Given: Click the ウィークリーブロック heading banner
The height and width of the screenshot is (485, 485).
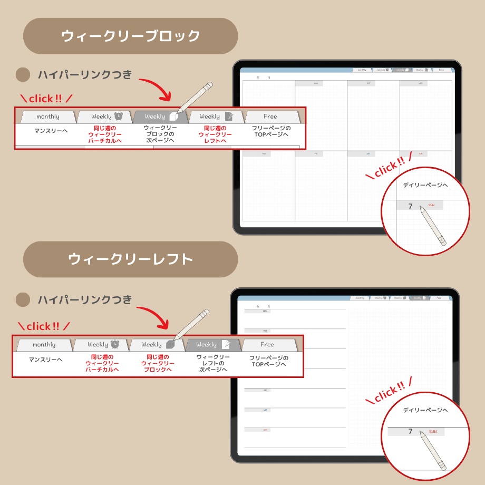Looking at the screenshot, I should click(130, 36).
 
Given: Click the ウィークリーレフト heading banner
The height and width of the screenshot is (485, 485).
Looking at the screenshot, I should click(130, 259).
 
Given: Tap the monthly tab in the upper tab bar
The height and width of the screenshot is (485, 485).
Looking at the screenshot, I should click(47, 117).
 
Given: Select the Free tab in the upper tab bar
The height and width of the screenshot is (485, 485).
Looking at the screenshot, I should click(270, 117).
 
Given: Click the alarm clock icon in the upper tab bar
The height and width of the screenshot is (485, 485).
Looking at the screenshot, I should click(119, 117).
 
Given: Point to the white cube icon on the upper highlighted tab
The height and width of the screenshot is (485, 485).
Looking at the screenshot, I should click(173, 117).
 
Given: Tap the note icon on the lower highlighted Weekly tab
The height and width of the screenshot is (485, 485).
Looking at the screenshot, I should click(226, 345).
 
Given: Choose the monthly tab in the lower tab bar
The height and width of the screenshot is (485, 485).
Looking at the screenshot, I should click(44, 345).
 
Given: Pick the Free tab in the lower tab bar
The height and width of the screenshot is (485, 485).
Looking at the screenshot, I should click(267, 345).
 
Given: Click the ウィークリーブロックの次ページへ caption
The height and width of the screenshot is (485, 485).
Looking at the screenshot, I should click(160, 134).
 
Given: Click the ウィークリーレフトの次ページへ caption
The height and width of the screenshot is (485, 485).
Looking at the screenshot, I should click(213, 363).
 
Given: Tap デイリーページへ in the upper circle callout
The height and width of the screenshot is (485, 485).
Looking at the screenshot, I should click(425, 185).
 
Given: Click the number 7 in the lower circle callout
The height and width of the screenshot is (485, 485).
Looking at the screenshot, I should click(410, 431).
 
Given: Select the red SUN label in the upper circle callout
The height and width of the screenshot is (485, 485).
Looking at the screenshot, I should click(431, 205).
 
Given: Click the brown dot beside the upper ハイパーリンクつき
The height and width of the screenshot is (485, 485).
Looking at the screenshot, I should click(23, 75).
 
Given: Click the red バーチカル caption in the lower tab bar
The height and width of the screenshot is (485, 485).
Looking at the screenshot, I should click(102, 363).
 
